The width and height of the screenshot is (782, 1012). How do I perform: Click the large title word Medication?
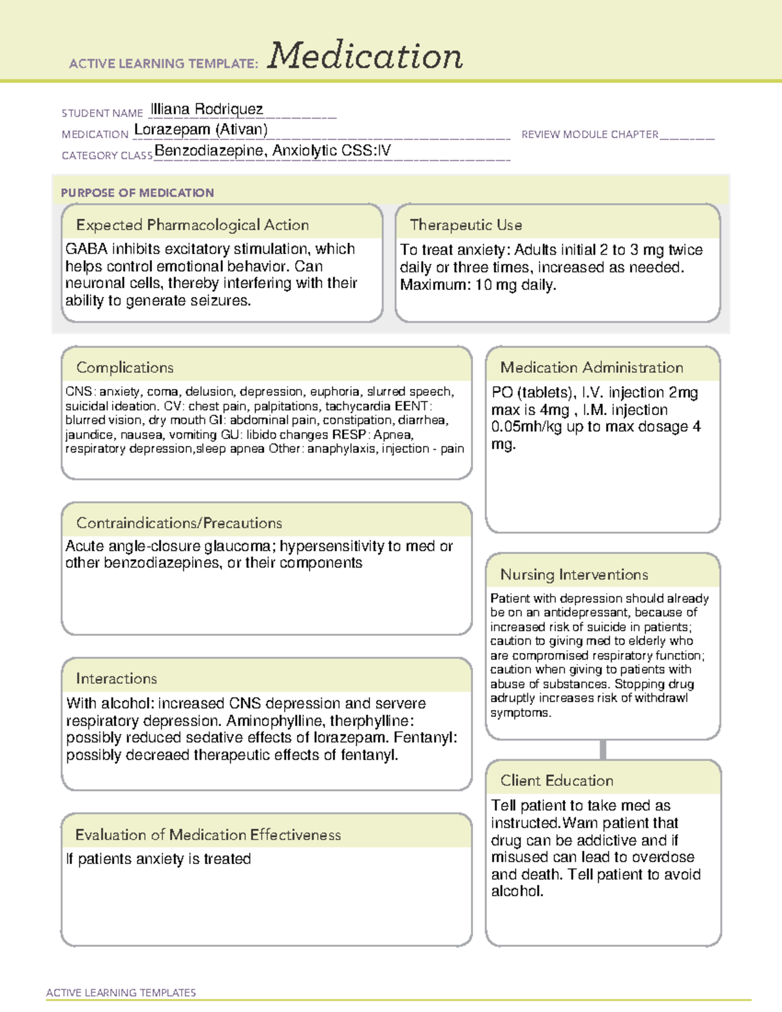click(x=365, y=56)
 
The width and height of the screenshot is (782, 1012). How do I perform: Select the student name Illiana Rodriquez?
click(x=207, y=109)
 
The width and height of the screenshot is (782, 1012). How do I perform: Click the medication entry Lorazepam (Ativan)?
click(x=201, y=130)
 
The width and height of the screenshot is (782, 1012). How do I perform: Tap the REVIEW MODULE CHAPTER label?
click(x=590, y=134)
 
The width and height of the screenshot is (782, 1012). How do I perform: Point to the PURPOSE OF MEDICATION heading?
click(x=137, y=193)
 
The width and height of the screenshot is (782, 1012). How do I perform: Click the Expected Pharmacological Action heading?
click(x=192, y=225)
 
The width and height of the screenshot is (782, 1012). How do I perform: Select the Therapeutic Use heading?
click(x=466, y=225)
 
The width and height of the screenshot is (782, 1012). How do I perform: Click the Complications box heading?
click(x=124, y=368)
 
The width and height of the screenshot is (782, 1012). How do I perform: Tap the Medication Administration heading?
click(x=591, y=368)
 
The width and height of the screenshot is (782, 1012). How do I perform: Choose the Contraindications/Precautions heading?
click(x=179, y=523)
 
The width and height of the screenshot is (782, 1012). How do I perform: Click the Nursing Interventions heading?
click(x=574, y=575)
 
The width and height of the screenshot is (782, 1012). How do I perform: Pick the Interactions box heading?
click(x=116, y=678)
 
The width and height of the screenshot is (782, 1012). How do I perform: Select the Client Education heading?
click(x=557, y=781)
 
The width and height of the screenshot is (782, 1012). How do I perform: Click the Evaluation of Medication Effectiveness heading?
click(x=208, y=835)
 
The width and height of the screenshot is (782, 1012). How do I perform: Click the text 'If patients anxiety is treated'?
click(x=158, y=859)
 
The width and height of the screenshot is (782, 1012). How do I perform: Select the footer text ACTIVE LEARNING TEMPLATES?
click(x=121, y=992)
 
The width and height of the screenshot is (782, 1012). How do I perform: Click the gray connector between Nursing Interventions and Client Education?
click(x=603, y=750)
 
